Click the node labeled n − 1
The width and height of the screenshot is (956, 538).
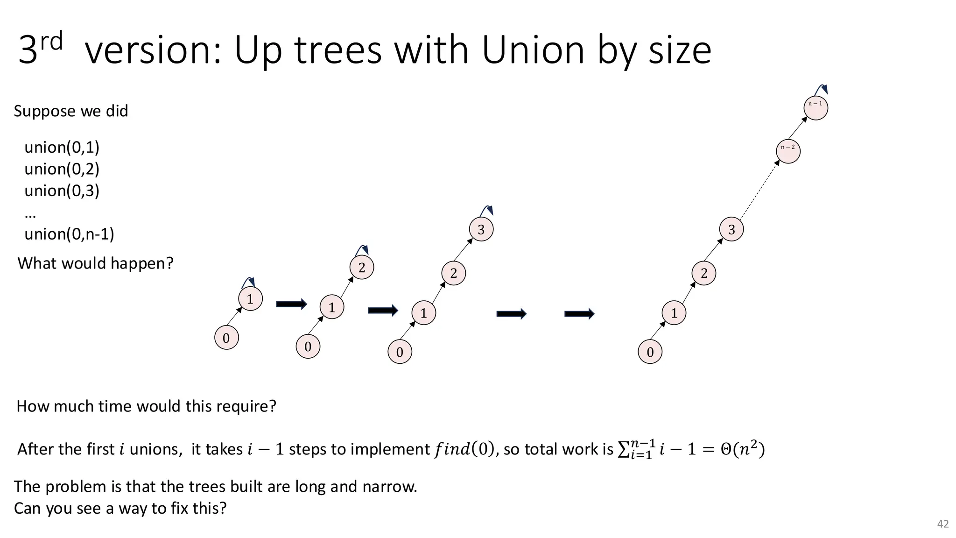[816, 108]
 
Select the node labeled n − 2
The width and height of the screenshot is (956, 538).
[788, 151]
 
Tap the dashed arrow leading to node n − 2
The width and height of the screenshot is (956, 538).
[759, 191]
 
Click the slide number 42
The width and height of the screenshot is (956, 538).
[943, 524]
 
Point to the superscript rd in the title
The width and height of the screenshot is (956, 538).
[51, 41]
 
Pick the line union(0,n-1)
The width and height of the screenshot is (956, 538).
[69, 234]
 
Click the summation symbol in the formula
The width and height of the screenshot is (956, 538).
[623, 449]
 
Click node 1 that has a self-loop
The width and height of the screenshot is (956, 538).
[250, 299]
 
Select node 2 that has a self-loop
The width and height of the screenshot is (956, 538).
[362, 268]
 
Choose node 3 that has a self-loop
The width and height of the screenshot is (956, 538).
[481, 229]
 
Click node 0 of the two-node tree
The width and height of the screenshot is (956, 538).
[226, 338]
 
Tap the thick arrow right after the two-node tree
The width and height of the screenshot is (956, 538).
[291, 304]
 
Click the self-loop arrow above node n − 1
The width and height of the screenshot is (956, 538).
[821, 90]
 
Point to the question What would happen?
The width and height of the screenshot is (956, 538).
[95, 263]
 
